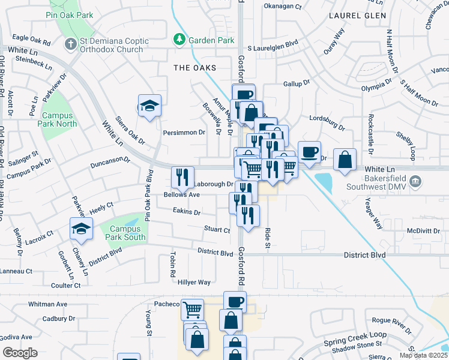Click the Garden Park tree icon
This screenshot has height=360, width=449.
(178, 40)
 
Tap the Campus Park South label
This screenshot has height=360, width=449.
(122, 233)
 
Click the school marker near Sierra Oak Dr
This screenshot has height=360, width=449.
(149, 106)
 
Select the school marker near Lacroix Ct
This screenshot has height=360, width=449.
(81, 229)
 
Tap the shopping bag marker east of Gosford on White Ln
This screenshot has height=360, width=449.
(345, 160)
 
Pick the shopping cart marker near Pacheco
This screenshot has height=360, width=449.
(192, 310)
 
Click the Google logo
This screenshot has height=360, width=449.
(20, 353)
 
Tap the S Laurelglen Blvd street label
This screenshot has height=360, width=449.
(273, 44)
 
